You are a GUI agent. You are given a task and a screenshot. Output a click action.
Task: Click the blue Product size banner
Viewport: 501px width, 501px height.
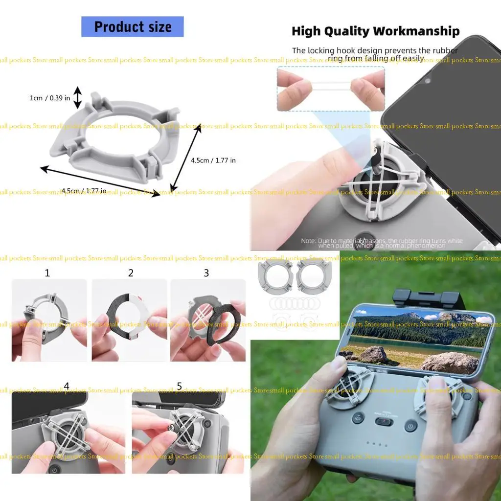pos(132,27)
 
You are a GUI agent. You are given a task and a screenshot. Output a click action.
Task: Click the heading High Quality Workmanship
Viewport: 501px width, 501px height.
pos(375,31)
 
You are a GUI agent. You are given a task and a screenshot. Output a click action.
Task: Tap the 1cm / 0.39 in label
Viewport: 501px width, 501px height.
pos(49,98)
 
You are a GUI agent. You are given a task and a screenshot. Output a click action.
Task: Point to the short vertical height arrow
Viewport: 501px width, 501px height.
pos(78,97)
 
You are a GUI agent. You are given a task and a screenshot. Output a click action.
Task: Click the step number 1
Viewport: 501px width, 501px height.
pos(47,273)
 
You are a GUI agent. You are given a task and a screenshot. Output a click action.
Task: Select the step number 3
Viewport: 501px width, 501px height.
pos(206,273)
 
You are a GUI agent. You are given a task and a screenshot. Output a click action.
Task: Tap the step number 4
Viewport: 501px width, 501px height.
pos(67,386)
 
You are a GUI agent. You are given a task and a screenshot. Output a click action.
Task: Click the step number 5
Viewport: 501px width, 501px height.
pos(179,386)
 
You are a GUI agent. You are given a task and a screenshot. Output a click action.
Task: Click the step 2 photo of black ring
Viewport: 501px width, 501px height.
pos(130,320)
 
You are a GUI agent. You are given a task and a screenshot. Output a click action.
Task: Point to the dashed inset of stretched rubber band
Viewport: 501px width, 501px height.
pos(331,89)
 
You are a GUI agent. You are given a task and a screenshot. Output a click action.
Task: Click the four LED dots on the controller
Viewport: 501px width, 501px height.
pos(377,445)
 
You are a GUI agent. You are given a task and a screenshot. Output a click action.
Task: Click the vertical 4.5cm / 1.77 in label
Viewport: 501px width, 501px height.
pos(213,160)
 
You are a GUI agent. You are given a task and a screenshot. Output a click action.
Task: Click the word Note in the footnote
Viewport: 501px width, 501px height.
pos(308,241)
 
